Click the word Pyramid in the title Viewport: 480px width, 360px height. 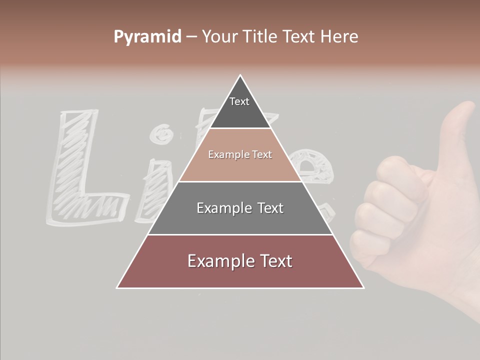(x=147, y=37)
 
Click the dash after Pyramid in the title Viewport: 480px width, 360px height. (x=191, y=37)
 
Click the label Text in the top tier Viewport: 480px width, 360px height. (x=239, y=101)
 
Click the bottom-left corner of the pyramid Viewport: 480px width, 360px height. (x=117, y=287)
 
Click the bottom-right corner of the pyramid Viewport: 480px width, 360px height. (x=363, y=287)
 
